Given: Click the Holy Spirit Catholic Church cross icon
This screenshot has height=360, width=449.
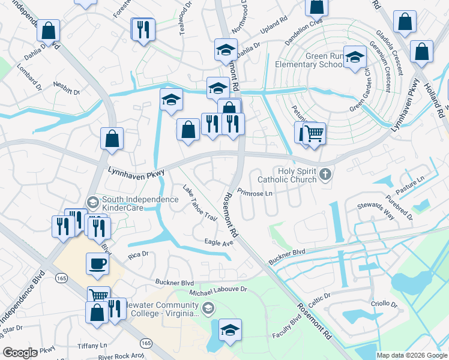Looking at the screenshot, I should [325, 175].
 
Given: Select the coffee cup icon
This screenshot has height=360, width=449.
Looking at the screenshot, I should [97, 263].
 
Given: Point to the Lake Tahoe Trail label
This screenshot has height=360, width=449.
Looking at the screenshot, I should [199, 203].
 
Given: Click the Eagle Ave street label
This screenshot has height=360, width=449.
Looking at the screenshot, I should [218, 242].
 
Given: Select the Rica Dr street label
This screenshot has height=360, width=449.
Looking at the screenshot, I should [137, 256].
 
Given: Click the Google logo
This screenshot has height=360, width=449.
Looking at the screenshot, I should [20, 353].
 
